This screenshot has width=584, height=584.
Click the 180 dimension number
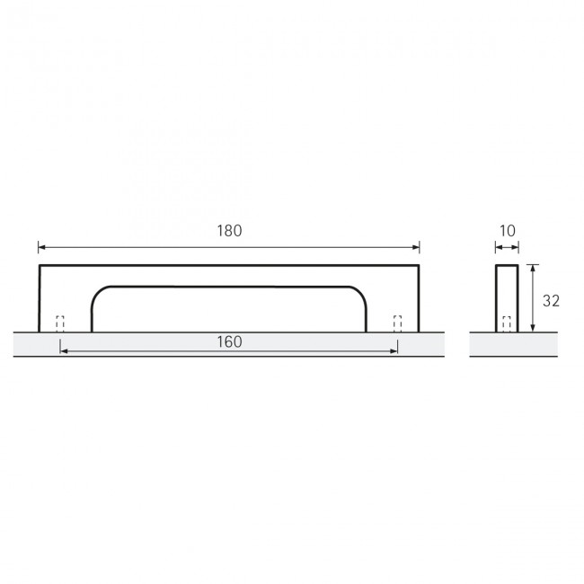coord(229,231)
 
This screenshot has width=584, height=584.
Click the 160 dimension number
coord(229,341)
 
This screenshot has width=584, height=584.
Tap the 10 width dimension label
coord(506,231)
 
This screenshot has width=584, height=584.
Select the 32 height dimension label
coord(551,300)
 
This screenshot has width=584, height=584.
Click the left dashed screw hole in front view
coord(60,323)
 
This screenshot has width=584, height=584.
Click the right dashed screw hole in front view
coord(397,323)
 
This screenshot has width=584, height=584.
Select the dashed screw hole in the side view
coord(506,323)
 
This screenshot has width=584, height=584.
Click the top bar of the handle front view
coord(229,275)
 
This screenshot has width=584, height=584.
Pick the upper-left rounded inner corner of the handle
coord(100,293)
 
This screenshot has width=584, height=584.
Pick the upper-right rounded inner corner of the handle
coord(358,293)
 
